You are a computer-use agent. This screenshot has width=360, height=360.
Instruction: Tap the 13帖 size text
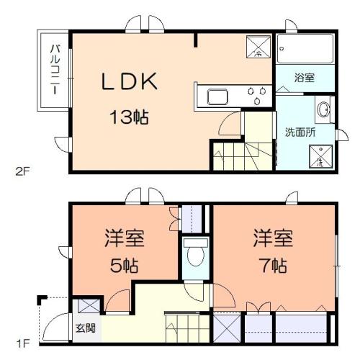tap(129, 115)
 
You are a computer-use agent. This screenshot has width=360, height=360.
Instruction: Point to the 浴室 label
tap(304, 78)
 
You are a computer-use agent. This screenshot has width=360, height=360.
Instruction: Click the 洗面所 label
tap(300, 132)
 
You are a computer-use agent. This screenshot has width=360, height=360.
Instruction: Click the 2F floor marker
tap(24, 171)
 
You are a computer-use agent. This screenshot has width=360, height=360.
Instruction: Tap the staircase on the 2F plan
tap(237, 153)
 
